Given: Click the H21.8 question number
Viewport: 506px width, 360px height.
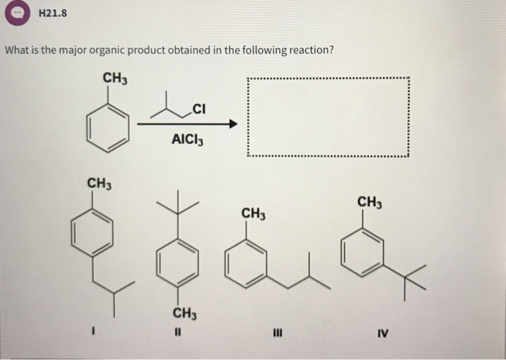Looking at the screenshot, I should pos(53,12).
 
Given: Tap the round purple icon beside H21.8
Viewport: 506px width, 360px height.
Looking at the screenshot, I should pos(18,13).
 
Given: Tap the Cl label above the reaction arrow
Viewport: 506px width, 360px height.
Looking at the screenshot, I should pos(200,109).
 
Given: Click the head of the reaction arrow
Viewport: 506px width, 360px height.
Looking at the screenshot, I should pos(232,124).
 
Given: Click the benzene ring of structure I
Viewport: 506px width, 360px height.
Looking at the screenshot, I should pos(93,235).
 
